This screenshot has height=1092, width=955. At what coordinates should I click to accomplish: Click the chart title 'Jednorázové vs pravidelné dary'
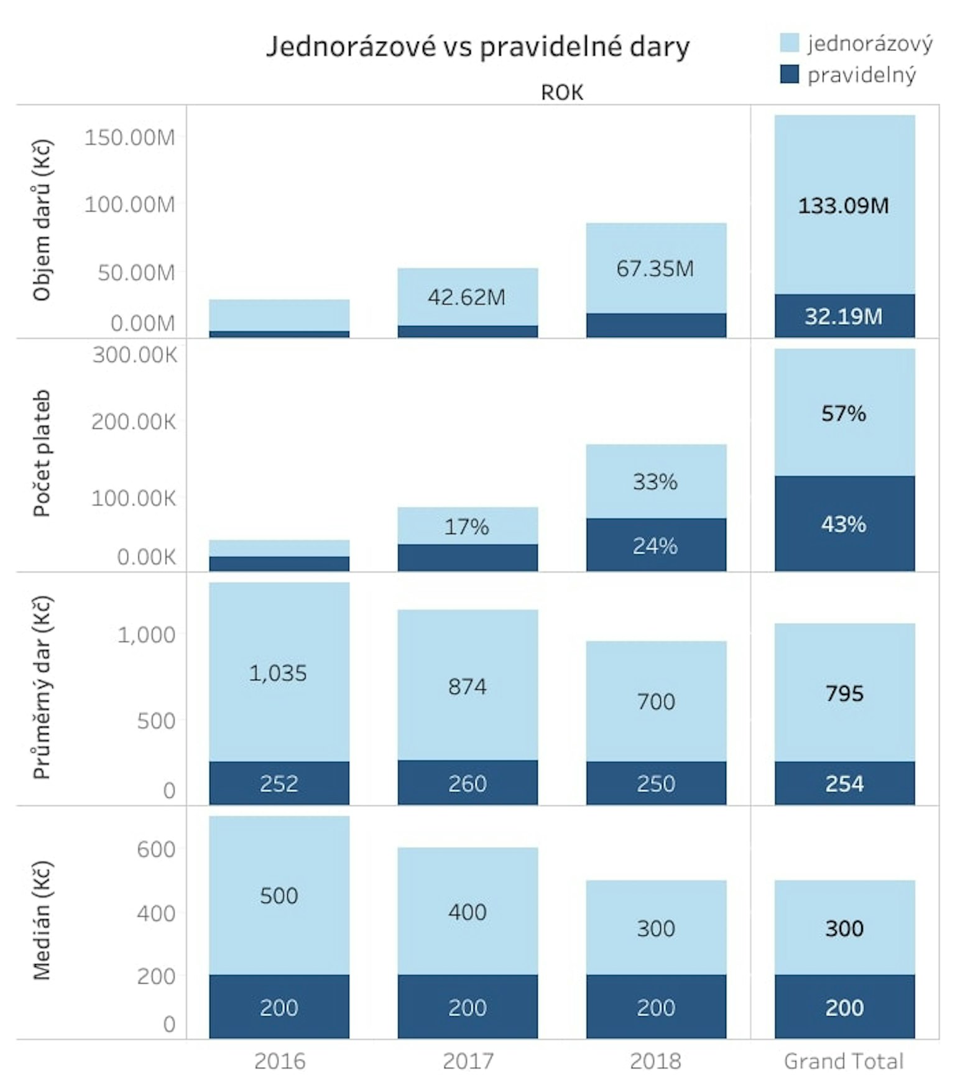point(477,47)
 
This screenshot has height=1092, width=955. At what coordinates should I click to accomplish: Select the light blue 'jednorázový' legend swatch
point(789,42)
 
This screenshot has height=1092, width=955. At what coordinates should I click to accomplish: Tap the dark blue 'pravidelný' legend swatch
point(789,74)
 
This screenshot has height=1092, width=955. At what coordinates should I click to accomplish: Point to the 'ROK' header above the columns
point(562,93)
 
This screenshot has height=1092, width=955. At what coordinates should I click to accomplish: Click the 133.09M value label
point(844,205)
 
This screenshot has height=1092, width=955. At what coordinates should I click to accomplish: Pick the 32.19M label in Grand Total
point(844,317)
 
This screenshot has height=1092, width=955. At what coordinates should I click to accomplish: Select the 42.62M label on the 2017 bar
point(466,297)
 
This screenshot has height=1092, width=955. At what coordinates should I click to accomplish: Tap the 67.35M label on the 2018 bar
point(655,269)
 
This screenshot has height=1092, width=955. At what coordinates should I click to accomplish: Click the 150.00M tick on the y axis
point(129,137)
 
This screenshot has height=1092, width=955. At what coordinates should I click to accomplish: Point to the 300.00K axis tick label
point(135,355)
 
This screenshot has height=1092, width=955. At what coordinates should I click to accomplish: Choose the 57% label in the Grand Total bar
point(844,414)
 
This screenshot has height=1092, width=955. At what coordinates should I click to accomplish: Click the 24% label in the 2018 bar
point(655,546)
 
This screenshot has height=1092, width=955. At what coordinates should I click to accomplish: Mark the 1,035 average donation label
point(278,673)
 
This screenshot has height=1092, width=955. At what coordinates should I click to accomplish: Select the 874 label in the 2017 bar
point(468,687)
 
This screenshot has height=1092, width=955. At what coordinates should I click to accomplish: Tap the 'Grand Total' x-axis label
point(844,1061)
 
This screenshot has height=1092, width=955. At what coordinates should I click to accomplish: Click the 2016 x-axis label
point(280,1061)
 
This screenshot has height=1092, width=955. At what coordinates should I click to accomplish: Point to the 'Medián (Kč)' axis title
point(42,920)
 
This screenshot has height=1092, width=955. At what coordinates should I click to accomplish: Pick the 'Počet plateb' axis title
point(42,453)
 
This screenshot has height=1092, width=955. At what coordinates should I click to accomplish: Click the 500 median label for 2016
point(279,895)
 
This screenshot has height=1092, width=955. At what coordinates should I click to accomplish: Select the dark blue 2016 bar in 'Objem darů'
point(279,334)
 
